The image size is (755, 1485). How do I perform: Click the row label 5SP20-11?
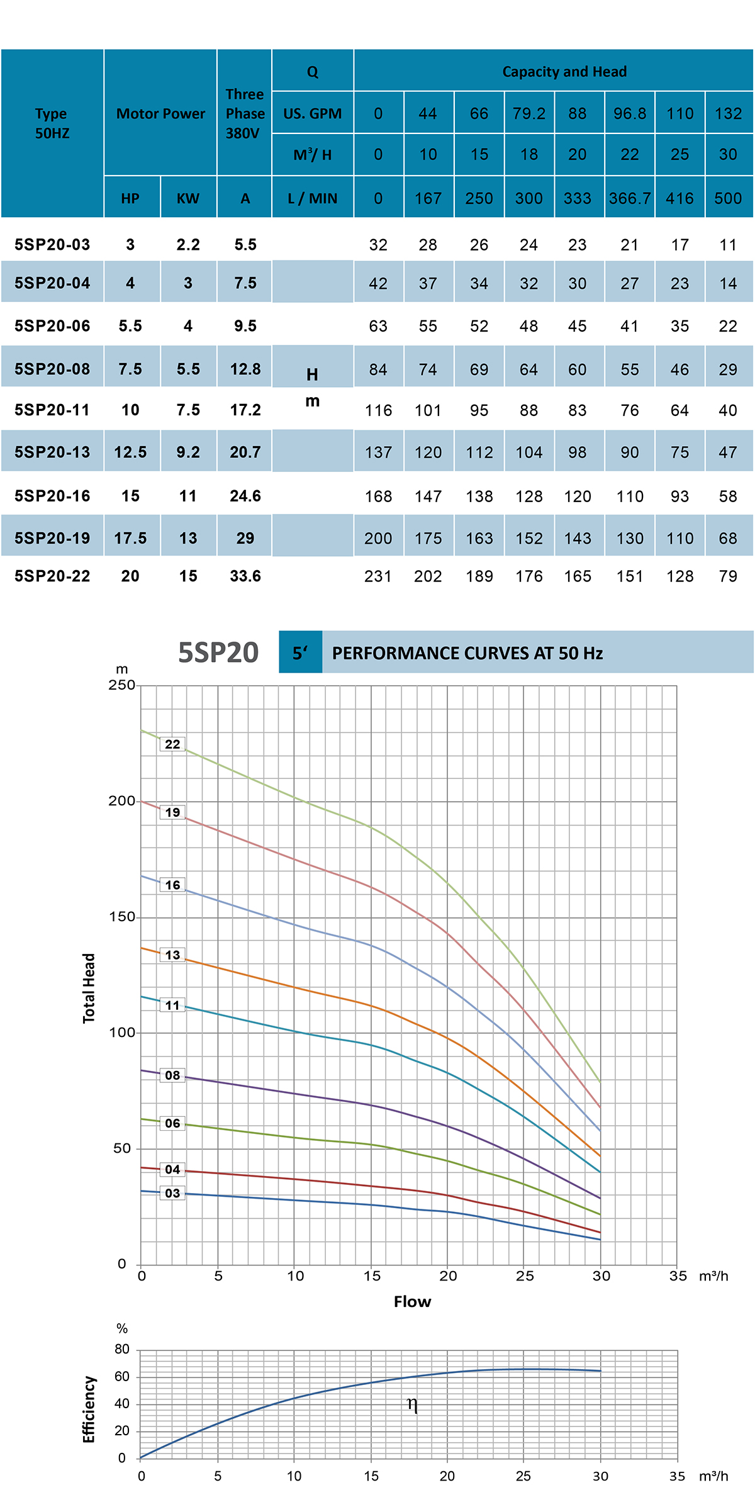click(52, 410)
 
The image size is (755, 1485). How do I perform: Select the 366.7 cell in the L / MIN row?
click(629, 199)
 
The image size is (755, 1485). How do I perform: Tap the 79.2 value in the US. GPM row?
click(528, 114)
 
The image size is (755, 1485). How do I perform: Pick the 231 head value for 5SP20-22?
click(377, 576)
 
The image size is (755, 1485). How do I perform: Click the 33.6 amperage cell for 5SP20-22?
click(245, 576)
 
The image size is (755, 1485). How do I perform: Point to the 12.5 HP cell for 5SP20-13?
click(130, 452)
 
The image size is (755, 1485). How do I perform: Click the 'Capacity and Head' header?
click(564, 72)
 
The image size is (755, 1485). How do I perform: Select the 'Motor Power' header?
click(160, 114)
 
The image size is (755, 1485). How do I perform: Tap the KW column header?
click(187, 199)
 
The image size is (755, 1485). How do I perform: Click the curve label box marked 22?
click(172, 744)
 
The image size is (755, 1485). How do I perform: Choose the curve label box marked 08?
click(172, 1075)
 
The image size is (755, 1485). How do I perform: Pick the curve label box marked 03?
click(172, 1193)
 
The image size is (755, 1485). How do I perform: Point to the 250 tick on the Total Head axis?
click(121, 685)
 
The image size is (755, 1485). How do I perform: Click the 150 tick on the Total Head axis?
click(121, 917)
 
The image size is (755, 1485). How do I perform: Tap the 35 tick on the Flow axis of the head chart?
click(678, 1276)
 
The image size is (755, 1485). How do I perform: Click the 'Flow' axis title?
click(412, 1302)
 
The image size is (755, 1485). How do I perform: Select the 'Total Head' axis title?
click(89, 988)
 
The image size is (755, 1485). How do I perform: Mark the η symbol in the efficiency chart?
click(412, 1404)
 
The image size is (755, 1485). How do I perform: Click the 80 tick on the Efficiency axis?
click(122, 1349)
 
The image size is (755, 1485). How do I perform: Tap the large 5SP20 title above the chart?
click(218, 653)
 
